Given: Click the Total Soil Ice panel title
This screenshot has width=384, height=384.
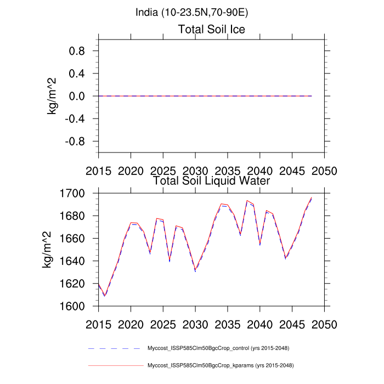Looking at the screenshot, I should [x=211, y=29].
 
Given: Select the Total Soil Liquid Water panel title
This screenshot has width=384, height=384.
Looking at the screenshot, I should [x=211, y=180].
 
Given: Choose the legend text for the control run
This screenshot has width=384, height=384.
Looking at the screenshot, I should [x=219, y=348].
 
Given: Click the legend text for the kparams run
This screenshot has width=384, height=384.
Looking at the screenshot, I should [x=219, y=365].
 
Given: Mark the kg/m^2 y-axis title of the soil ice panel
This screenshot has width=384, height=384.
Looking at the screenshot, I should [x=53, y=96].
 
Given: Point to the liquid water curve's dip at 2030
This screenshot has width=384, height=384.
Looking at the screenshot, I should [x=195, y=270].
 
